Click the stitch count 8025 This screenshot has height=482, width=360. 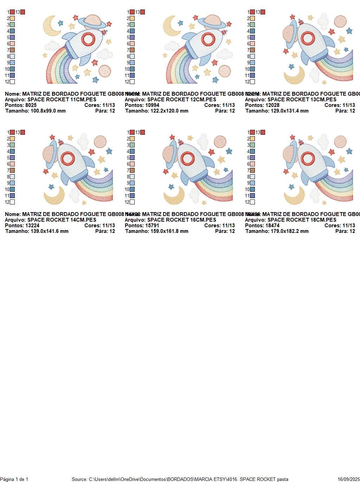point(31,105)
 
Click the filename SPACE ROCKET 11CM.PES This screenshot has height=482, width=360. point(62,100)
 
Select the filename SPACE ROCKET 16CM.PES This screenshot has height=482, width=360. point(181,220)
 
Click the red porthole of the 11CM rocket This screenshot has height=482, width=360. point(88,39)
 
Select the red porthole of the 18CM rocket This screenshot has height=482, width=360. point(308,159)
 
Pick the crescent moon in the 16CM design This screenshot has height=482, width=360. point(174,195)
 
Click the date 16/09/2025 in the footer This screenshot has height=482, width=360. point(348,479)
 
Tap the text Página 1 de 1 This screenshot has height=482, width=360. point(14,479)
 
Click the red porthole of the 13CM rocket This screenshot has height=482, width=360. point(308,38)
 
